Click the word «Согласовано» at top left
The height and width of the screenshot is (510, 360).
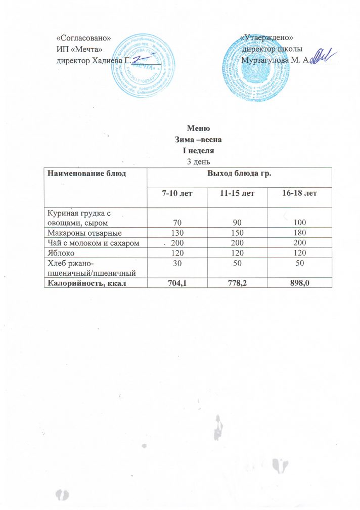coord(83,38)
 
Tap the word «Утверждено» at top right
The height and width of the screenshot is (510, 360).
coord(268,38)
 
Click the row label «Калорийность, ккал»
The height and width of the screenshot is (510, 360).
coord(86,283)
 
